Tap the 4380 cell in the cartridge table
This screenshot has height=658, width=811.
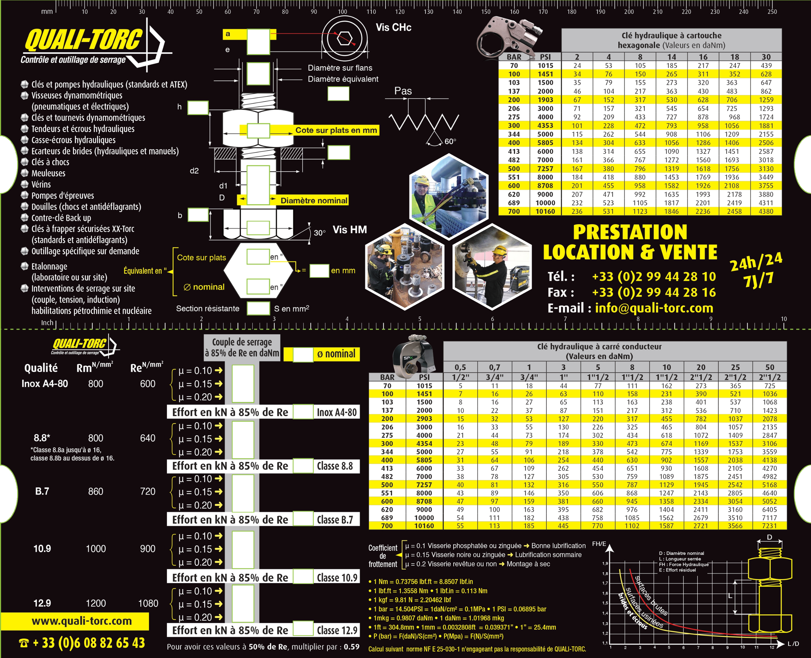click(766, 211)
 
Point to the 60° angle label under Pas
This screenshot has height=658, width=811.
click(450, 141)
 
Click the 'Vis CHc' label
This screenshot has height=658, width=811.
click(393, 27)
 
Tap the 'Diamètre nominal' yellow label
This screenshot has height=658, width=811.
click(314, 201)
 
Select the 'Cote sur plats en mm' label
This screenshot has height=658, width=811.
click(336, 130)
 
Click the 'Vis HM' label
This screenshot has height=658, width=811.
click(350, 230)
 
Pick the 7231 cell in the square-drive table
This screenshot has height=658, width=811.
click(770, 526)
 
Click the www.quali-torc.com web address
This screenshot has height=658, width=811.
click(82, 621)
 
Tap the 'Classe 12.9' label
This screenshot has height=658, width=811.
click(337, 630)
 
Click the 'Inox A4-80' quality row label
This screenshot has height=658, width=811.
click(45, 384)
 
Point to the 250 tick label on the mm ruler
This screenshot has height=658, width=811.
click(772, 12)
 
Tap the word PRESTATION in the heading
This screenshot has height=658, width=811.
click(630, 232)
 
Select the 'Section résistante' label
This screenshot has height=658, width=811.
click(208, 309)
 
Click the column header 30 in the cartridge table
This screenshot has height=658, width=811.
click(766, 57)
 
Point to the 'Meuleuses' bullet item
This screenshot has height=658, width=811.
click(48, 173)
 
